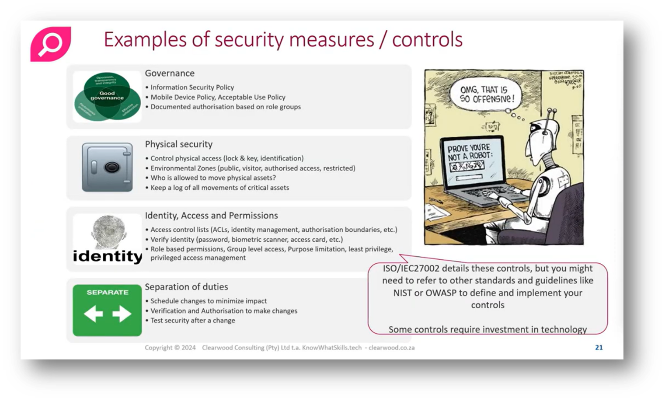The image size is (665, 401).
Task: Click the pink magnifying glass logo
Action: tap(51, 44)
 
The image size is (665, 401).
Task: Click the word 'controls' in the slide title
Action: tap(427, 39)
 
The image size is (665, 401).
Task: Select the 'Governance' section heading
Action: tap(170, 73)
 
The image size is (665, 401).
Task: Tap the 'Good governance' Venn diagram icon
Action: tap(107, 97)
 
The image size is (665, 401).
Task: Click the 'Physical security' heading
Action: tap(178, 144)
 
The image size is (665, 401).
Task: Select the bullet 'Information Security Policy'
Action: tap(192, 87)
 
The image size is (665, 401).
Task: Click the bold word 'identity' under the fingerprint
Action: tap(108, 256)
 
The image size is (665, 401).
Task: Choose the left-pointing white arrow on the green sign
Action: tap(93, 314)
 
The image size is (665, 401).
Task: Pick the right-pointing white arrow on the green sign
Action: tap(122, 314)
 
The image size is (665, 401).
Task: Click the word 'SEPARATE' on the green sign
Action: tap(108, 292)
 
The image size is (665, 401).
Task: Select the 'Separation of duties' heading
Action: tap(186, 287)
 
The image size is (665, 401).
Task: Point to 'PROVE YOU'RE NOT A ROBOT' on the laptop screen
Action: tap(469, 152)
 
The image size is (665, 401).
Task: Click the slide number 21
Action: tap(599, 348)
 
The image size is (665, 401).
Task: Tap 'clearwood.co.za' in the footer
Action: tap(391, 348)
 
